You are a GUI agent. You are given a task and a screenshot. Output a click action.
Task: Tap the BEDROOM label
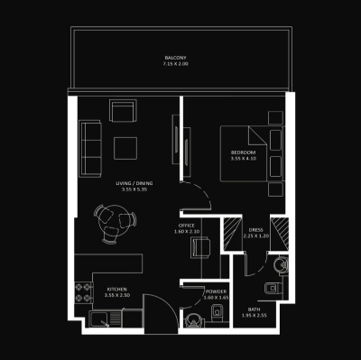[243, 153]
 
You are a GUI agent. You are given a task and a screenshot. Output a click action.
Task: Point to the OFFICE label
[187, 226]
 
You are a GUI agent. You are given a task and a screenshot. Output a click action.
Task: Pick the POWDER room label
[217, 291]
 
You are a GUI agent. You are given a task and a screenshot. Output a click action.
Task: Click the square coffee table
[125, 146]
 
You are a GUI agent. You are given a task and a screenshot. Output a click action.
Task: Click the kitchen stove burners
[83, 291]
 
